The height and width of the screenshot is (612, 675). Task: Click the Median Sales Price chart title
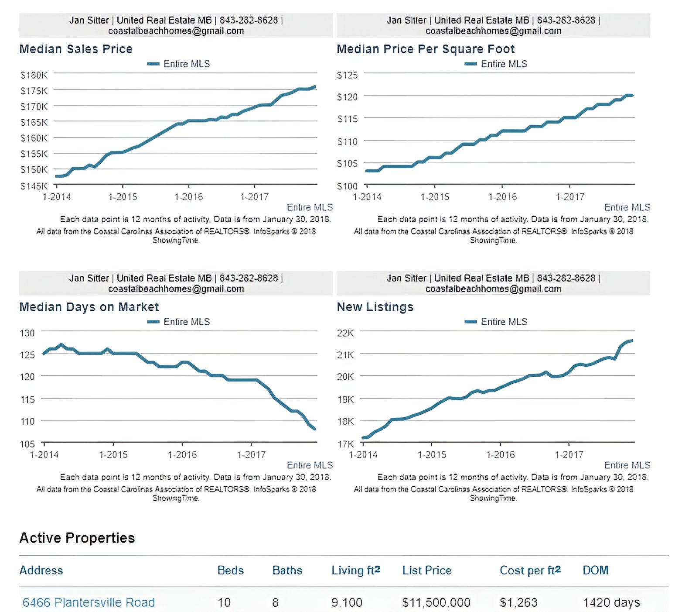(x=76, y=49)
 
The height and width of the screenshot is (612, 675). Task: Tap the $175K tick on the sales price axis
(x=34, y=91)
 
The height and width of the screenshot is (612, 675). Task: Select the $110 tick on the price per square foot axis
(x=347, y=141)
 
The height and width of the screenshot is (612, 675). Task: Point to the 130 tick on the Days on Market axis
(x=27, y=333)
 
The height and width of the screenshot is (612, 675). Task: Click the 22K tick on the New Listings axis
(x=345, y=333)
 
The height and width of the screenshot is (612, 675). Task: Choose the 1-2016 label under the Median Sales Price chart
(x=188, y=197)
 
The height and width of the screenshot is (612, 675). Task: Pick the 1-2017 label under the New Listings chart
(x=569, y=455)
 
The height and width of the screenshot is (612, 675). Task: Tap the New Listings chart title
(x=375, y=307)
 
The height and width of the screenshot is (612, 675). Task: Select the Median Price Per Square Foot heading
(x=426, y=49)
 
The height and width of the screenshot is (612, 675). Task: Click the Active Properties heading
(x=77, y=538)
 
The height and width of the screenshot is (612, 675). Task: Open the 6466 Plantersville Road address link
(x=89, y=602)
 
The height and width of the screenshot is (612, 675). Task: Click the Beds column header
(x=230, y=570)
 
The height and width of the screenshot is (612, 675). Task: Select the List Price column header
(x=426, y=570)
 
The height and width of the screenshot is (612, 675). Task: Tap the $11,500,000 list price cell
(x=436, y=602)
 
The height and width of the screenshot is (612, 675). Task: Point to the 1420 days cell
(x=611, y=602)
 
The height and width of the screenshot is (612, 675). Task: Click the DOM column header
(x=595, y=570)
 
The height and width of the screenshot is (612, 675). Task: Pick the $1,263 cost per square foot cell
(x=518, y=602)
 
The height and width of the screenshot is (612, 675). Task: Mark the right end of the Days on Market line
(x=314, y=429)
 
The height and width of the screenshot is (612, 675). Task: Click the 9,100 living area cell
(x=347, y=602)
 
